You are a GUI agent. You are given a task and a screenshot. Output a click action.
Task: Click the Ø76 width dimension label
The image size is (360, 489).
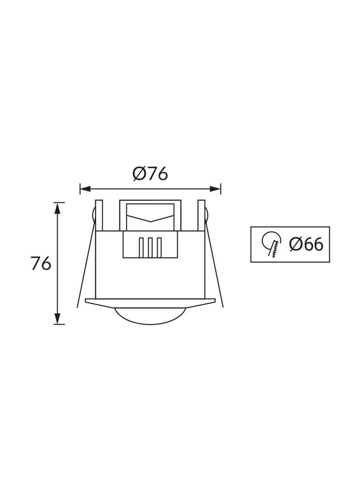pyautogui.click(x=150, y=174)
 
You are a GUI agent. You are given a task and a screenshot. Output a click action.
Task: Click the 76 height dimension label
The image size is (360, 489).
pyautogui.click(x=41, y=264)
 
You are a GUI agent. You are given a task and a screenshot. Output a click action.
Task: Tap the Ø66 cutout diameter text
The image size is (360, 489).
pyautogui.click(x=306, y=244)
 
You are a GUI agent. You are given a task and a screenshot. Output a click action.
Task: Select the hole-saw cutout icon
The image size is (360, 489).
pyautogui.click(x=271, y=244)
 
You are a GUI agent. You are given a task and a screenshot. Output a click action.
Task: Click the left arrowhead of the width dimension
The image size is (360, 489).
pyautogui.click(x=85, y=189)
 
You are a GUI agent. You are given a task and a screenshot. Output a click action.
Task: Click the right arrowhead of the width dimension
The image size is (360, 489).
pyautogui.click(x=215, y=189)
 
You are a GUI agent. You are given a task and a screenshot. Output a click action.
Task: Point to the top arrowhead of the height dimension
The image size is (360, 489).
pyautogui.click(x=57, y=208)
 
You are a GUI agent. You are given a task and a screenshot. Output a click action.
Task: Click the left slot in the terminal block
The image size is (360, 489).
pyautogui.click(x=141, y=248)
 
